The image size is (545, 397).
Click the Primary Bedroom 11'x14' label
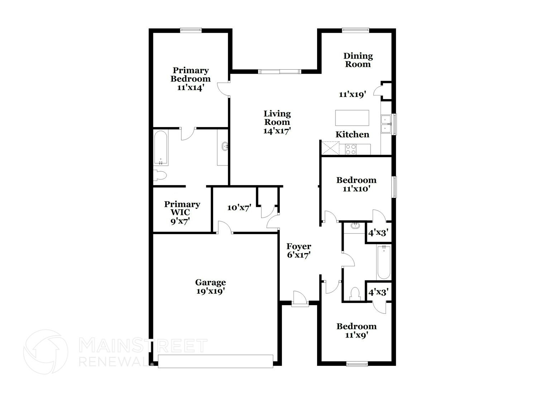pos(190,79)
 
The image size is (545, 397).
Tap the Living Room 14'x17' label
pos(277,122)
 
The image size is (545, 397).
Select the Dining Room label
pos(358,60)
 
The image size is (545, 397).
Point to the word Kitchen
pos(352,134)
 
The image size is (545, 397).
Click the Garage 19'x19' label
pos(210,287)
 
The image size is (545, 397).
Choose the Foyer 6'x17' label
pos(298,251)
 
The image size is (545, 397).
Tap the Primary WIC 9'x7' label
pos(182,212)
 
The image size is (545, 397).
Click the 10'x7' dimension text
pos(239,207)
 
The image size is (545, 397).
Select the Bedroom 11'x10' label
pos(356,184)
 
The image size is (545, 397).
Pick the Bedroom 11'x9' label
pos(356,331)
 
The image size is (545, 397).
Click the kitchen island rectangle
pos(352,118)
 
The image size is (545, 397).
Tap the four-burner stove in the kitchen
pos(351,149)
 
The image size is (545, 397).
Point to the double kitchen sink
pos(386,124)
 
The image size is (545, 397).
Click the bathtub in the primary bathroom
pos(161,148)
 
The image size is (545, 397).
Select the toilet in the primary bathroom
pos(160,176)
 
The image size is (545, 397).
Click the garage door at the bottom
pos(215,361)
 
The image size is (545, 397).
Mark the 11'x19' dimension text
pos(352,94)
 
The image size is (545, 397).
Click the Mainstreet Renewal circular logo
pos(46,352)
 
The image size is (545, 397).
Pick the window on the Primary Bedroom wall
pos(191,31)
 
